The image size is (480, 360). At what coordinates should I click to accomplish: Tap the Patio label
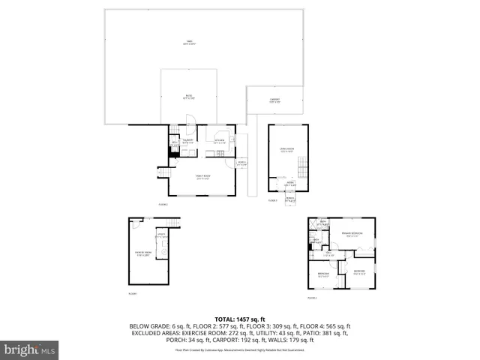pyautogui.click(x=188, y=97)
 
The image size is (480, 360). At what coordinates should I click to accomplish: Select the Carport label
pyautogui.click(x=275, y=100)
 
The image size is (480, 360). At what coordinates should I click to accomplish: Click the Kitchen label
pyautogui.click(x=220, y=141)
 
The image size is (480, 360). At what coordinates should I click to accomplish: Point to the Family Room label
pyautogui.click(x=202, y=177)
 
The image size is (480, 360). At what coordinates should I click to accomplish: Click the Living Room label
pyautogui.click(x=287, y=151)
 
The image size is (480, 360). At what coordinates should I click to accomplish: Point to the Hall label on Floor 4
pyautogui.click(x=331, y=255)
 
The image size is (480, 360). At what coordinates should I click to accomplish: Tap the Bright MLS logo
pyautogui.click(x=30, y=349)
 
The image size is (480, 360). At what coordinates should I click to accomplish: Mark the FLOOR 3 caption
pyautogui.click(x=273, y=200)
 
